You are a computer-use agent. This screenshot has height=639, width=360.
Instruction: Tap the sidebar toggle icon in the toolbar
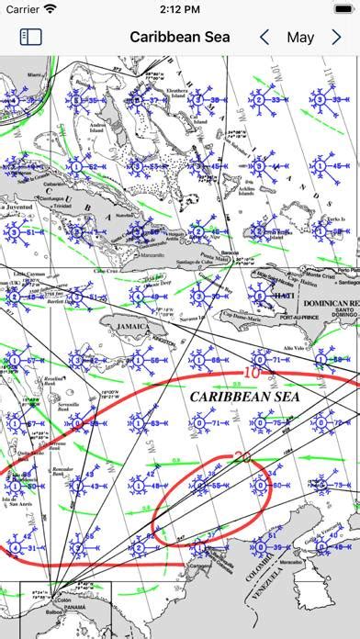pyautogui.click(x=31, y=38)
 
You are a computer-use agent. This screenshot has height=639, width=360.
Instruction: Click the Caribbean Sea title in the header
pyautogui.click(x=180, y=38)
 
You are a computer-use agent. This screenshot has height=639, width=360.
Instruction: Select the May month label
pyautogui.click(x=300, y=38)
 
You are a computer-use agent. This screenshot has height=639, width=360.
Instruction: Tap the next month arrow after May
pyautogui.click(x=337, y=38)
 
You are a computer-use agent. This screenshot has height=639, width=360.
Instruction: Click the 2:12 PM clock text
pyautogui.click(x=179, y=9)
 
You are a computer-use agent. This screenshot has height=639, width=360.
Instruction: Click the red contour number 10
pyautogui.click(x=251, y=373)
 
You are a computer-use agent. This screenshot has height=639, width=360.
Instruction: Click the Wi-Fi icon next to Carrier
pyautogui.click(x=50, y=9)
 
